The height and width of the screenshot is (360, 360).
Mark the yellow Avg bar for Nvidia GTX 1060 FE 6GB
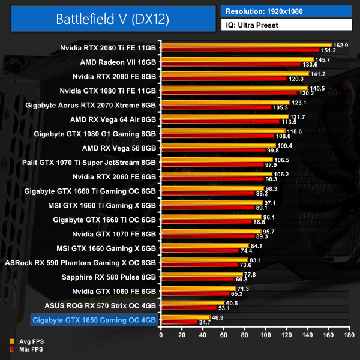click(198, 289)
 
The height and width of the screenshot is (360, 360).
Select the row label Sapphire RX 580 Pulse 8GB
click(109, 277)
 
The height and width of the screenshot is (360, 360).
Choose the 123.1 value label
click(298, 103)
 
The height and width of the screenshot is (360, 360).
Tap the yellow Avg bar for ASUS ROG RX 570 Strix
click(193, 303)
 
